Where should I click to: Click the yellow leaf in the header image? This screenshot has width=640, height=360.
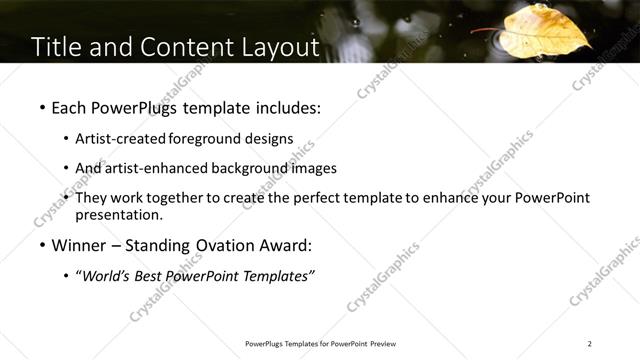(547, 30)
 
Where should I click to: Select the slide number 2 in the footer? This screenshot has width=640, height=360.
(590, 344)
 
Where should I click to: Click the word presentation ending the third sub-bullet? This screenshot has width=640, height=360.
(117, 214)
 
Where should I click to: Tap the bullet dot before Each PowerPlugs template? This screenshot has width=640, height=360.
(42, 107)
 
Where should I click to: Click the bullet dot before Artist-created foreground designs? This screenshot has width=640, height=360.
(66, 139)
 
